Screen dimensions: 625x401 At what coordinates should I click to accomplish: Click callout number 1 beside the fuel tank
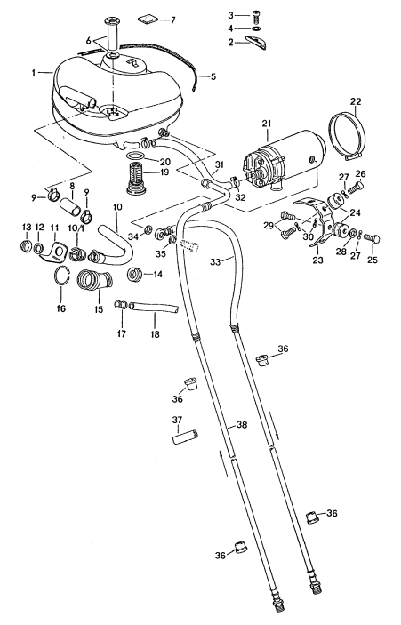point(34,72)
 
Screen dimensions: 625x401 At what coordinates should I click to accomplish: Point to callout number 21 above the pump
point(265,123)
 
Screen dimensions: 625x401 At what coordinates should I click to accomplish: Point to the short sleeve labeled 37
point(185,438)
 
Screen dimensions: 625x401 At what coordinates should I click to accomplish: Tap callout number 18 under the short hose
point(155,333)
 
